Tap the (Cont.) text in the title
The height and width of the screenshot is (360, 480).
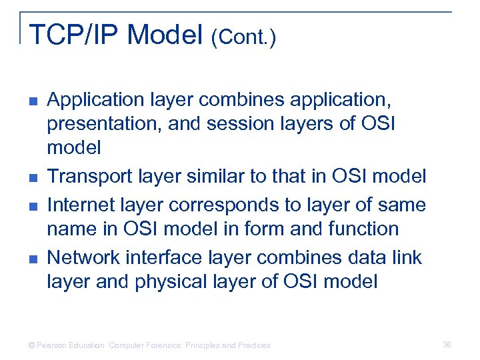243,37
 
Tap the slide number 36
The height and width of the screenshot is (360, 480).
447,345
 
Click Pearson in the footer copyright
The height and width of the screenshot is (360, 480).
53,345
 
